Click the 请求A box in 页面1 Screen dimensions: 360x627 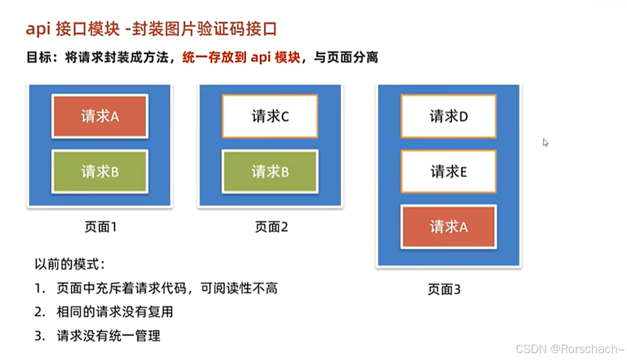point(100,116)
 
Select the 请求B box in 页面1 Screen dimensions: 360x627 point(100,172)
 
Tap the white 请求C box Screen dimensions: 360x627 point(270,116)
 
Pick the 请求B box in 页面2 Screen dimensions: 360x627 point(270,172)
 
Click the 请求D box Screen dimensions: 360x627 point(448,116)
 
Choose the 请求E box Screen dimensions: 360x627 point(448,171)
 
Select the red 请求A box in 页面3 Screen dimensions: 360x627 point(448,227)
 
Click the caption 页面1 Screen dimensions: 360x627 point(100,227)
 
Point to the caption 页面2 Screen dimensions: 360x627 point(271,227)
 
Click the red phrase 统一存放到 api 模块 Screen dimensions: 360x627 point(239,58)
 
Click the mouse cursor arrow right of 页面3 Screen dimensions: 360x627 point(545,142)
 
